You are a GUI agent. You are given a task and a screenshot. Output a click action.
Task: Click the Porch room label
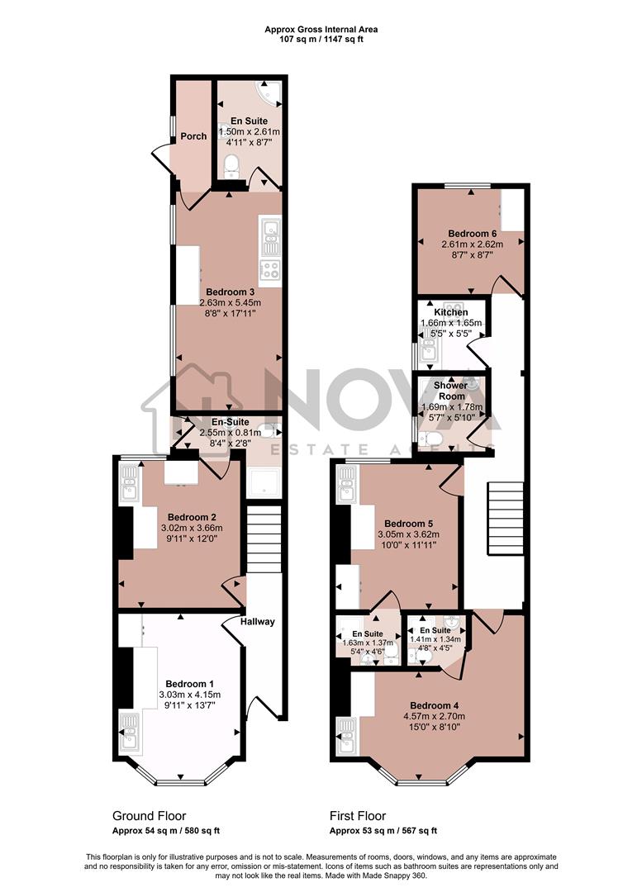coord(193,136)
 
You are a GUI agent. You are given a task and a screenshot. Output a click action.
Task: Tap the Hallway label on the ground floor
coord(258,622)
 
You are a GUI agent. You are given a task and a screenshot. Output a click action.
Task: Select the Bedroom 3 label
coord(230,292)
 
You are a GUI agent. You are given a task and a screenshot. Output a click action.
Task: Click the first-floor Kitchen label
coord(450,313)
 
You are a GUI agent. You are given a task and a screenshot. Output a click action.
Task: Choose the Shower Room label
coord(451,391)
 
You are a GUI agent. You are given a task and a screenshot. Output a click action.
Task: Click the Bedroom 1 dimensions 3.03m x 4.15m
coord(189,695)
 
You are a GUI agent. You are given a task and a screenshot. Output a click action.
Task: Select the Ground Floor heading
coord(149,816)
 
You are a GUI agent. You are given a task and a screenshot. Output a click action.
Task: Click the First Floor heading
coord(357,816)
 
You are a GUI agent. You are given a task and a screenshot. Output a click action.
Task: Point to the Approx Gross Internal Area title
coord(321,29)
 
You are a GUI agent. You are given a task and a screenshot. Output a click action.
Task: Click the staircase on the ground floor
coord(264,537)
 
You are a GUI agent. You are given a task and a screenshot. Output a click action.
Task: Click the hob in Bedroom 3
coord(269,268)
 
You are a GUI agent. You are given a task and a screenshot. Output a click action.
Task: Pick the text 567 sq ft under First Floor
coord(416,831)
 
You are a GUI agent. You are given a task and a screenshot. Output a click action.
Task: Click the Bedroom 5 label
coord(408,523)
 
